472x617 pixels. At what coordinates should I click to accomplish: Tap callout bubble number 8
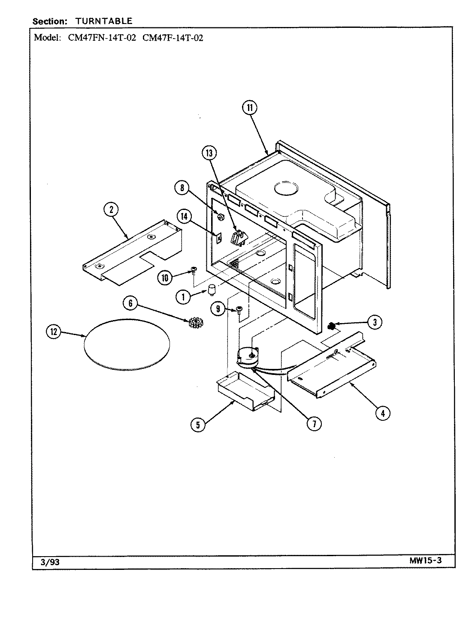point(182,188)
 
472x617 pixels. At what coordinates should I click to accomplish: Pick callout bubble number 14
point(184,217)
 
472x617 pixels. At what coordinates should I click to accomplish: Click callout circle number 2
point(111,209)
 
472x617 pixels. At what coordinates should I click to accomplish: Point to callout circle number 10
point(164,278)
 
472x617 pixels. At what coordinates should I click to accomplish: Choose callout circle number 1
point(183,297)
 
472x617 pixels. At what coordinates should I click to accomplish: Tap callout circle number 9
point(218,309)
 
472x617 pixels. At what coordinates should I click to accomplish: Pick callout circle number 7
point(314,423)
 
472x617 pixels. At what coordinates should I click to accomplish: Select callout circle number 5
point(198,425)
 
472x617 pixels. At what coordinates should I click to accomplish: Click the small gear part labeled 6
point(196,322)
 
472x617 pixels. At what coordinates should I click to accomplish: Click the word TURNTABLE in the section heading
point(104,21)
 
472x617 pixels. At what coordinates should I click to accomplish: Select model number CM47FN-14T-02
point(102,37)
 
